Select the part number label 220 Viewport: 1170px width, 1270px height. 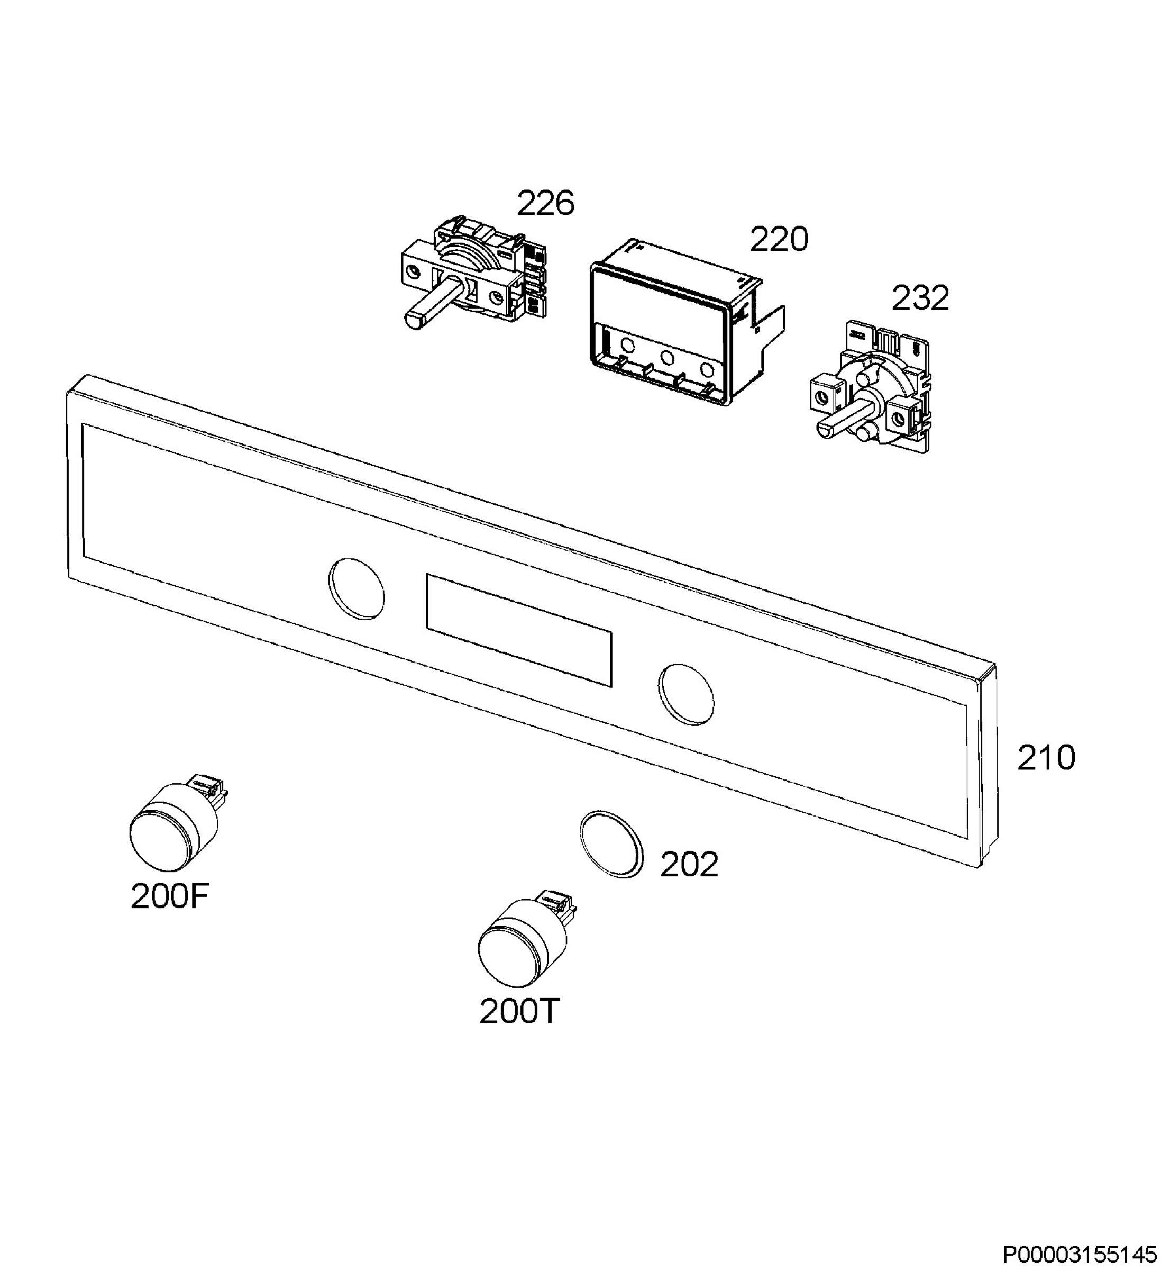pyautogui.click(x=779, y=239)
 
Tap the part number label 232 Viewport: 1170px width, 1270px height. pyautogui.click(x=920, y=298)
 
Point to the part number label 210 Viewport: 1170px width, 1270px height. pyautogui.click(x=1046, y=758)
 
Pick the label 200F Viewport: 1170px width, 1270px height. pyautogui.click(x=169, y=896)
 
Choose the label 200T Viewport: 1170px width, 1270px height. pyautogui.click(x=519, y=1012)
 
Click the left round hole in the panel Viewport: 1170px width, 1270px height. pyautogui.click(x=357, y=588)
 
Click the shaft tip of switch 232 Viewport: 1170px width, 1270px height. pyautogui.click(x=826, y=431)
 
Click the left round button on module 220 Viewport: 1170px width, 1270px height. pyautogui.click(x=628, y=345)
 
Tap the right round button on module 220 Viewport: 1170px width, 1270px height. pyautogui.click(x=707, y=369)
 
